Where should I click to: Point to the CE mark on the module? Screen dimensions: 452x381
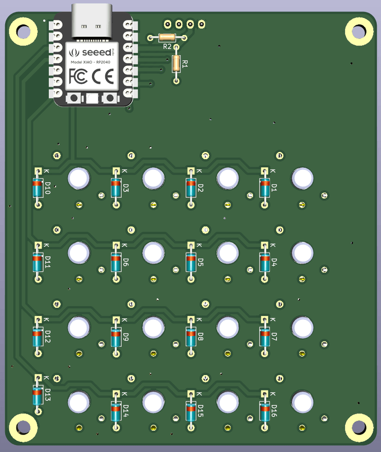coord(103,76)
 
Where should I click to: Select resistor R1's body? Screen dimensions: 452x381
coord(176,64)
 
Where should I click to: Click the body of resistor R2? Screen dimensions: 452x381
coord(167,38)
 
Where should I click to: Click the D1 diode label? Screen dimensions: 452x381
coord(274,188)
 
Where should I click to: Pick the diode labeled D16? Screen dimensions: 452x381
coord(265,411)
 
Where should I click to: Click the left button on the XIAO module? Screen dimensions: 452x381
coord(74,98)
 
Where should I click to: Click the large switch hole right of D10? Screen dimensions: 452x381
coord(79,178)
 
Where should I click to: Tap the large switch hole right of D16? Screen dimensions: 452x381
coord(302,402)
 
